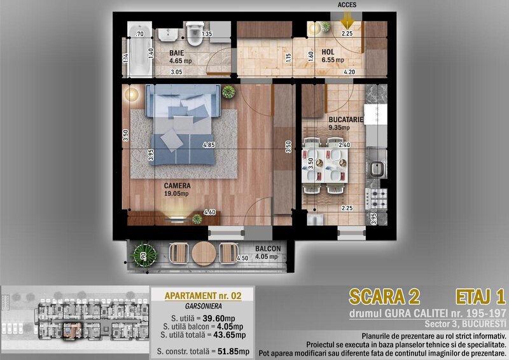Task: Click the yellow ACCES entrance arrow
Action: [347, 20]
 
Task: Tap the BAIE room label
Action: [177, 53]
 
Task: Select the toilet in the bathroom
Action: [195, 34]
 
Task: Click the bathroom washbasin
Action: [168, 35]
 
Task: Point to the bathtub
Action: [139, 50]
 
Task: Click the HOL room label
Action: [328, 52]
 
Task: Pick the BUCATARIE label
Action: [345, 120]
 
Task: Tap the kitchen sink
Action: [377, 169]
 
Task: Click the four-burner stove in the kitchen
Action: [376, 199]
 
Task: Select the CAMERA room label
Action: [178, 186]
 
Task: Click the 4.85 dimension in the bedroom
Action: [209, 145]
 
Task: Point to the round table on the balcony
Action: [204, 254]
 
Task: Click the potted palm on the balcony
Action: [144, 255]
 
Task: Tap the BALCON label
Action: [268, 249]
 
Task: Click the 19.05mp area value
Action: [176, 194]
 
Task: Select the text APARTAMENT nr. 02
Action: [203, 296]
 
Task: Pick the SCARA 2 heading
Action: [384, 296]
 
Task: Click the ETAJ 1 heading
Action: [481, 296]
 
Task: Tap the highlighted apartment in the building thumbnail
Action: [72, 331]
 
